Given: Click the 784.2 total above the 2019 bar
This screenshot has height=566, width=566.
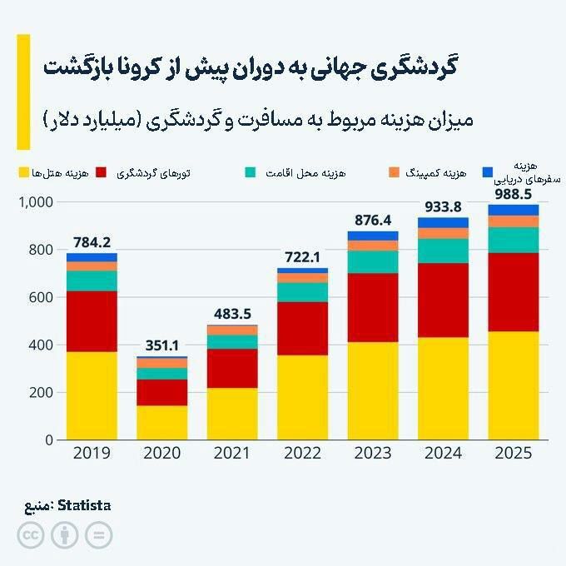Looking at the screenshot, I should [92, 242].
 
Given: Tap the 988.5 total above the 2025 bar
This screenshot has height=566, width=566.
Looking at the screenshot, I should [513, 194].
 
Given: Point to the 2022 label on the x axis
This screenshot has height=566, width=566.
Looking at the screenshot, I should [302, 455].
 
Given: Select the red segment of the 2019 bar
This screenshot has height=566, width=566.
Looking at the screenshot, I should [92, 321].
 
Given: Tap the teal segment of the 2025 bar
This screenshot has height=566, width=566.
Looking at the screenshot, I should [513, 240].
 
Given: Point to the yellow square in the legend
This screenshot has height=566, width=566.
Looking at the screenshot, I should [22, 172].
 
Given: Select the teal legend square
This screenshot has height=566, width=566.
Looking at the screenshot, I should [250, 172].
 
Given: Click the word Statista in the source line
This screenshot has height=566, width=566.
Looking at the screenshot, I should [83, 505].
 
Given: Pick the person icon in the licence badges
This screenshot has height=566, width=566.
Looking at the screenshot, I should [64, 535].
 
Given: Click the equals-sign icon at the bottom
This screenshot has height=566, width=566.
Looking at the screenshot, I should [98, 535].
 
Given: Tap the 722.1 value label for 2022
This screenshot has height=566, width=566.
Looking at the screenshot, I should [302, 257].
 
